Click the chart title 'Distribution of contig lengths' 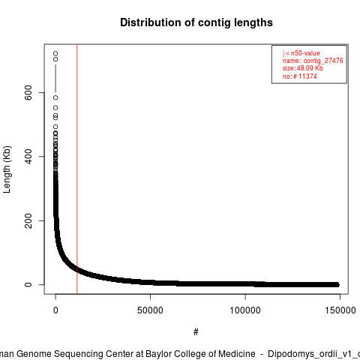tap(196, 22)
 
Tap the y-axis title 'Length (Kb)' tap(7, 169)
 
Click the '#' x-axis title tap(196, 332)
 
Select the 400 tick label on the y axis tap(28, 157)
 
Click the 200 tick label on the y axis tap(28, 220)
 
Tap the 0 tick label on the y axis tap(28, 285)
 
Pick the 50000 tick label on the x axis tap(150, 310)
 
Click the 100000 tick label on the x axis tap(245, 310)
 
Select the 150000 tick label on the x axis tap(340, 310)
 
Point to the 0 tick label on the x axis tap(55, 310)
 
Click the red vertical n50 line tap(77, 169)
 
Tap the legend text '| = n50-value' tap(301, 53)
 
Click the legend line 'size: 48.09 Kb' tap(303, 68)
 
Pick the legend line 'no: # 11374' tap(300, 76)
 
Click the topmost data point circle tap(55, 53)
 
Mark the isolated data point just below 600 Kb tap(55, 97)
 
